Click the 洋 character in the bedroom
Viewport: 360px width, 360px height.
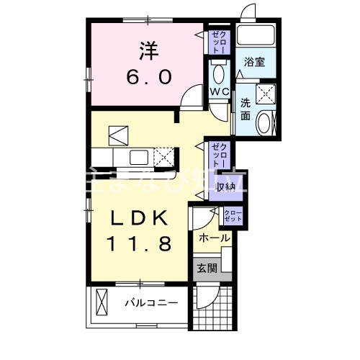click(148, 50)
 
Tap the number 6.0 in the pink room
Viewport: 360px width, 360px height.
click(148, 76)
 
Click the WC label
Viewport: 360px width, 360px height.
click(219, 92)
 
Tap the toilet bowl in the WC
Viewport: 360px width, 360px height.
click(219, 73)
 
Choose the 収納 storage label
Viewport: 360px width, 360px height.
click(225, 186)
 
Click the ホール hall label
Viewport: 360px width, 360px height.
click(214, 238)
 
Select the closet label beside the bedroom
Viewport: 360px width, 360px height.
click(217, 41)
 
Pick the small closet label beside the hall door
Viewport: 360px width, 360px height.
click(233, 215)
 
